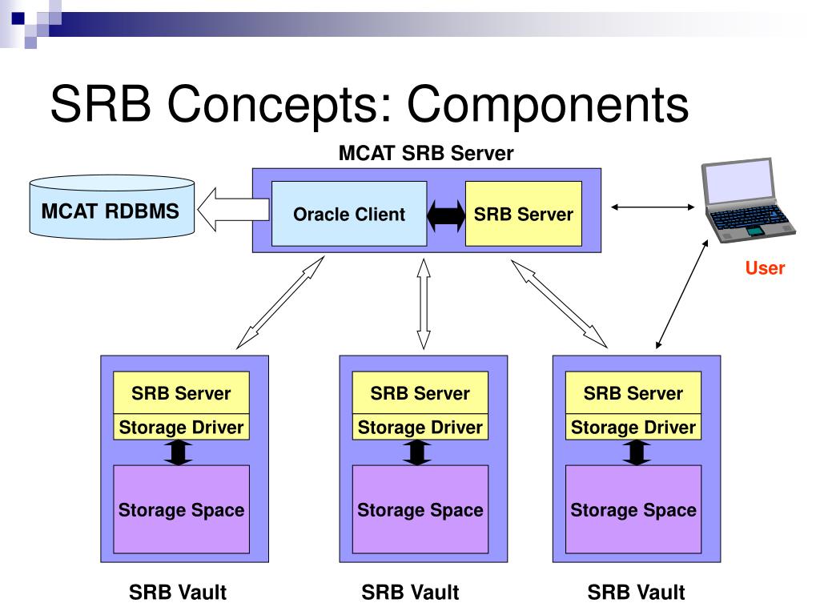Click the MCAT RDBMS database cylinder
tap(112, 207)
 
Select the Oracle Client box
tap(349, 213)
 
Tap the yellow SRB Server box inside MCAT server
tap(524, 213)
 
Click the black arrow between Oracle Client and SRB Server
tap(446, 215)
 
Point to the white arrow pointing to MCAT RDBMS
tap(233, 209)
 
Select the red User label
tap(765, 267)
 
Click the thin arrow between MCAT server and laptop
tap(653, 207)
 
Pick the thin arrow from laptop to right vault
tap(682, 294)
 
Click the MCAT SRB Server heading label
tap(426, 153)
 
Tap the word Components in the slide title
tap(548, 104)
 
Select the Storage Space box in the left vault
tap(182, 509)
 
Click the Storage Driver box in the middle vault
tap(420, 427)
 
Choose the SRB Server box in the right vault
tap(633, 392)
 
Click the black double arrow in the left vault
tap(179, 452)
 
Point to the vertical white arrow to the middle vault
tap(424, 303)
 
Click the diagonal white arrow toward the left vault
tap(280, 302)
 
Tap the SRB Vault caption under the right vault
tap(636, 593)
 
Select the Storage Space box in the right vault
tap(633, 509)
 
